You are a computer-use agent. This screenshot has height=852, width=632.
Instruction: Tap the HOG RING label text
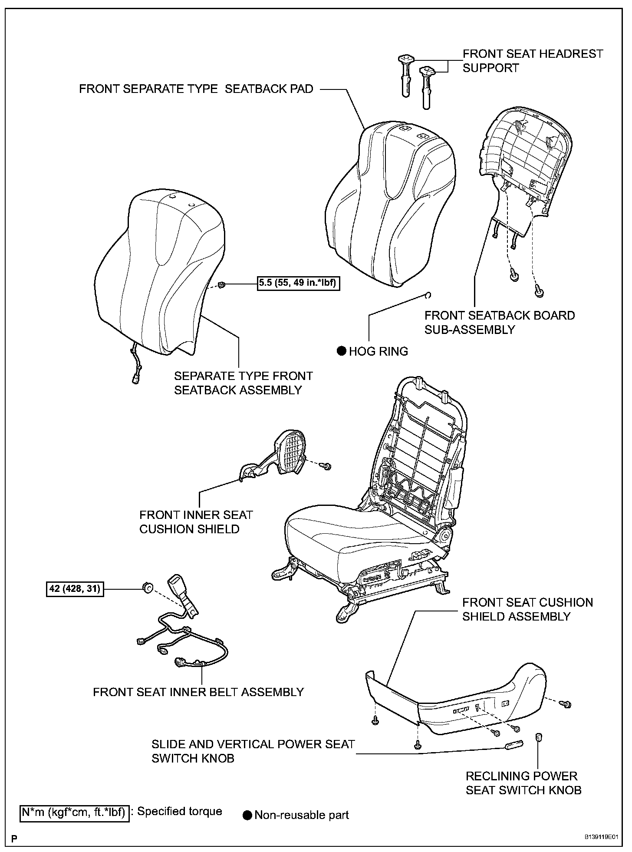point(379,351)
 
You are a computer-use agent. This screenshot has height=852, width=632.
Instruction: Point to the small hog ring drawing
point(428,296)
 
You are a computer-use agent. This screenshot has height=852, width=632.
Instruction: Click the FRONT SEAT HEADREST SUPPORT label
point(533,61)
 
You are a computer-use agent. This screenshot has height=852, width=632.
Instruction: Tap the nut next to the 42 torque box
point(148,588)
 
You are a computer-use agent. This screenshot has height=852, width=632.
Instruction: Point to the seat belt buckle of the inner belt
point(177,584)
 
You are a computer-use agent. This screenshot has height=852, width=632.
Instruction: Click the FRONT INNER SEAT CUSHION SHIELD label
point(196,522)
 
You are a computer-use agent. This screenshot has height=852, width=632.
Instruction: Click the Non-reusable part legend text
point(302,815)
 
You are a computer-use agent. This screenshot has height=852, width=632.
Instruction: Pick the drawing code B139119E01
point(600,837)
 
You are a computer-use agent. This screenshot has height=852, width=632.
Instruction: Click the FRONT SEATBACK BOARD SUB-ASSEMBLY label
point(500,322)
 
